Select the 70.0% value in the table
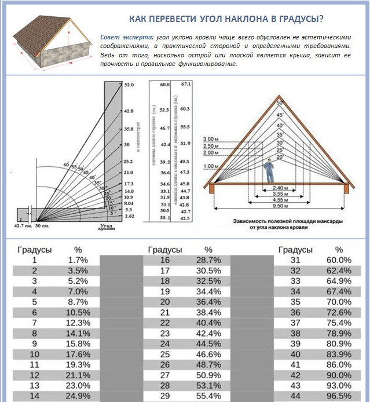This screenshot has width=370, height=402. click(x=339, y=302)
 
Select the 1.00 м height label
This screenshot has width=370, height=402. click(x=210, y=167)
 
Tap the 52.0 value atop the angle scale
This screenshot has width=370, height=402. click(x=129, y=85)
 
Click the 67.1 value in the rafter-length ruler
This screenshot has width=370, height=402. click(x=185, y=84)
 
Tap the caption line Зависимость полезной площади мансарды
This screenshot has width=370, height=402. click(x=282, y=221)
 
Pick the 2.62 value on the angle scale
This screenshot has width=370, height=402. click(x=129, y=216)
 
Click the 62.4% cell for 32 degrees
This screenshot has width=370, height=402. click(x=339, y=271)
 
